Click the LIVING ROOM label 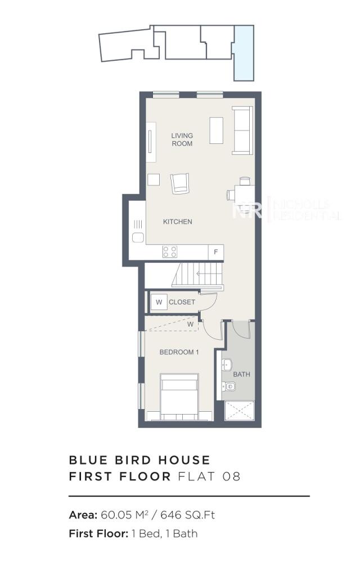click(x=182, y=139)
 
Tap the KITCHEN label click(x=177, y=222)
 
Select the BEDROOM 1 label click(x=179, y=353)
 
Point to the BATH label click(x=241, y=374)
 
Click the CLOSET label click(x=182, y=302)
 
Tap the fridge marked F click(x=215, y=251)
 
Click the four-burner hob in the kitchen click(x=170, y=251)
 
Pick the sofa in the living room click(x=242, y=130)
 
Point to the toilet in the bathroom click(x=228, y=386)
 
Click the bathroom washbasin click(x=226, y=364)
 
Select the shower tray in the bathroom click(x=240, y=411)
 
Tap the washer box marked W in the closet click(x=159, y=302)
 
